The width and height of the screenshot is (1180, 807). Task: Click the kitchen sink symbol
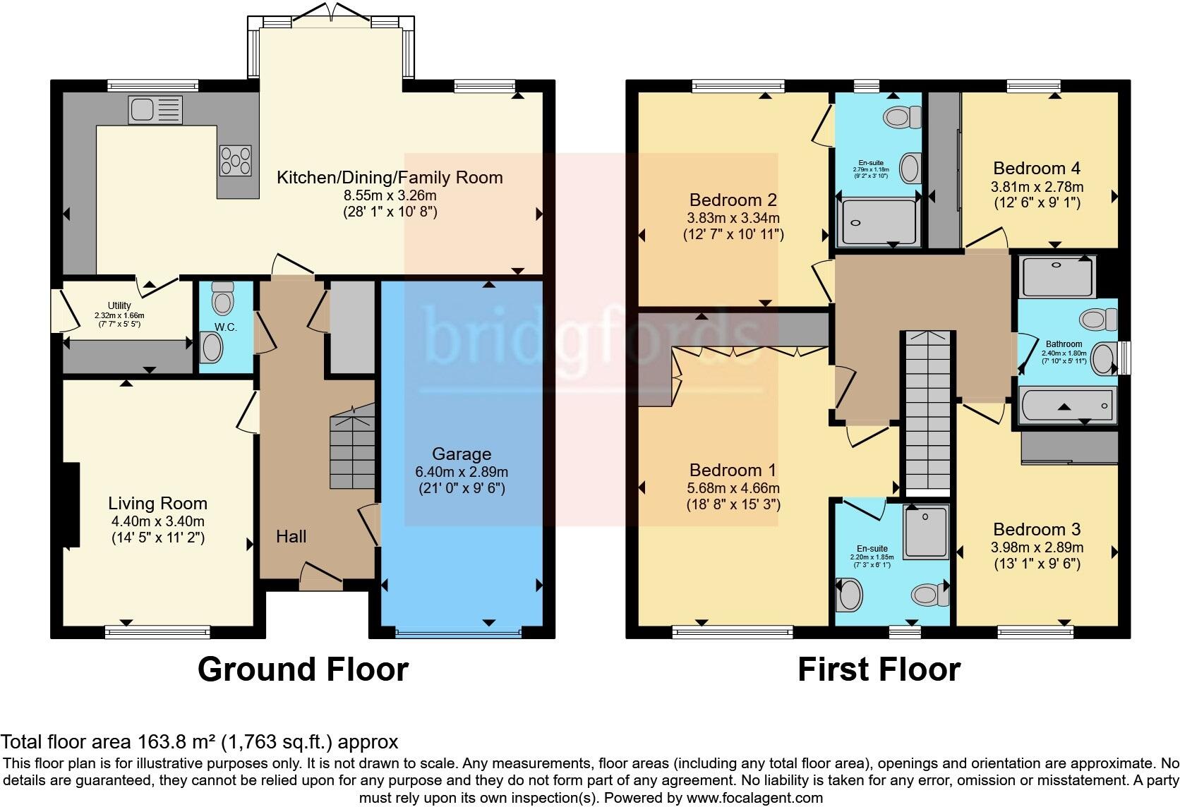pos(155,110)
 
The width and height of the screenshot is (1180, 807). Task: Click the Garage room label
pos(462,454)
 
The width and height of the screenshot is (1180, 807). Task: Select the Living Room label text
pos(157,504)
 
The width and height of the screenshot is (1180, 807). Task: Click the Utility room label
pos(119,305)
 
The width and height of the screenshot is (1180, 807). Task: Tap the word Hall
pos(291,537)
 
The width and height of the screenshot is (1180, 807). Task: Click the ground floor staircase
pos(352,451)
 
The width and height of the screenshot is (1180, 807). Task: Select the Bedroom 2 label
pos(733,200)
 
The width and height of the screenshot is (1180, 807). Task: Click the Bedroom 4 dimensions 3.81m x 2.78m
pos(1037,186)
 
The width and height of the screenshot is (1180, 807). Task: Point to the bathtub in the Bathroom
pos(1066,406)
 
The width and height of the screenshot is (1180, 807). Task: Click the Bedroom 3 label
pos(1036,530)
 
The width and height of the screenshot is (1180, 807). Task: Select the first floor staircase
pos(927,413)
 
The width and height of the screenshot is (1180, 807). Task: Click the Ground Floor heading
pos(303,669)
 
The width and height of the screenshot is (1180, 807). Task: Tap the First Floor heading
pos(879,669)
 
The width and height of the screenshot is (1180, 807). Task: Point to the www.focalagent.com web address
pos(754,799)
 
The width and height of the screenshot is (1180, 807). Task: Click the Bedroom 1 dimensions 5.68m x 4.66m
pos(733,488)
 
